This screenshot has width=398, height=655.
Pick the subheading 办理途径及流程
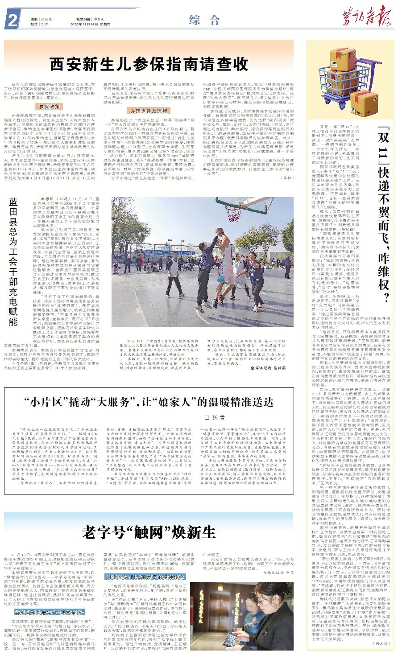click(x=149, y=110)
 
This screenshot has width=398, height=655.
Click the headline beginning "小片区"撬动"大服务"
click(x=149, y=401)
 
